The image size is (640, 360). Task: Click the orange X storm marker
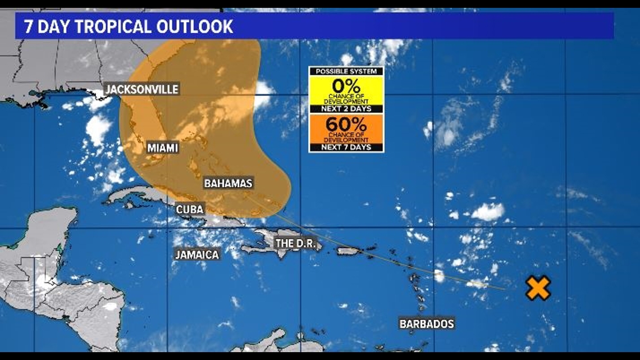coord(538,288)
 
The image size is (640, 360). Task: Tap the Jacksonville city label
coord(142,89)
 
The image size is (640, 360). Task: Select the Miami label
coord(163,148)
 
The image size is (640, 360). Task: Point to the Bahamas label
coord(228,183)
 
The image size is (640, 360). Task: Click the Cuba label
coord(190,209)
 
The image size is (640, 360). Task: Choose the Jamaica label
coord(196,254)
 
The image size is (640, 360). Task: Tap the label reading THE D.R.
coord(296,244)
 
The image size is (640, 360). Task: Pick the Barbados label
coord(427,323)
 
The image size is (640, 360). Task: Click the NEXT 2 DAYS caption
coord(346,108)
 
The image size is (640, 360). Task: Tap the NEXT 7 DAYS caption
coord(346,147)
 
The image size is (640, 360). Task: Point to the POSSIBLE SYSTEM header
coord(346,71)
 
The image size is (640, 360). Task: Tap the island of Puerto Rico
coord(348,251)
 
